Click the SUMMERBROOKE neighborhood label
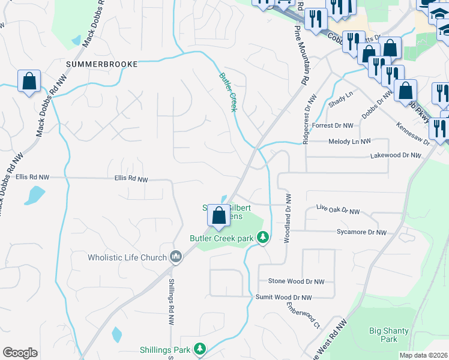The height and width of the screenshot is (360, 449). [x=102, y=64]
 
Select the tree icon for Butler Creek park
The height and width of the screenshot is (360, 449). [x=262, y=238]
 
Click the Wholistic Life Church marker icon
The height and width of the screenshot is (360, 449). [x=175, y=257]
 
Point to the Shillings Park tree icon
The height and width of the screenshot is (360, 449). [x=200, y=349]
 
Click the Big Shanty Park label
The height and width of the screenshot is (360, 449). [x=384, y=334]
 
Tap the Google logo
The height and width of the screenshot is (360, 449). [x=20, y=353]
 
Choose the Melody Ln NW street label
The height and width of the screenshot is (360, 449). [x=349, y=141]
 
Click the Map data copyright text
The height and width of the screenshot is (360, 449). [x=423, y=355]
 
